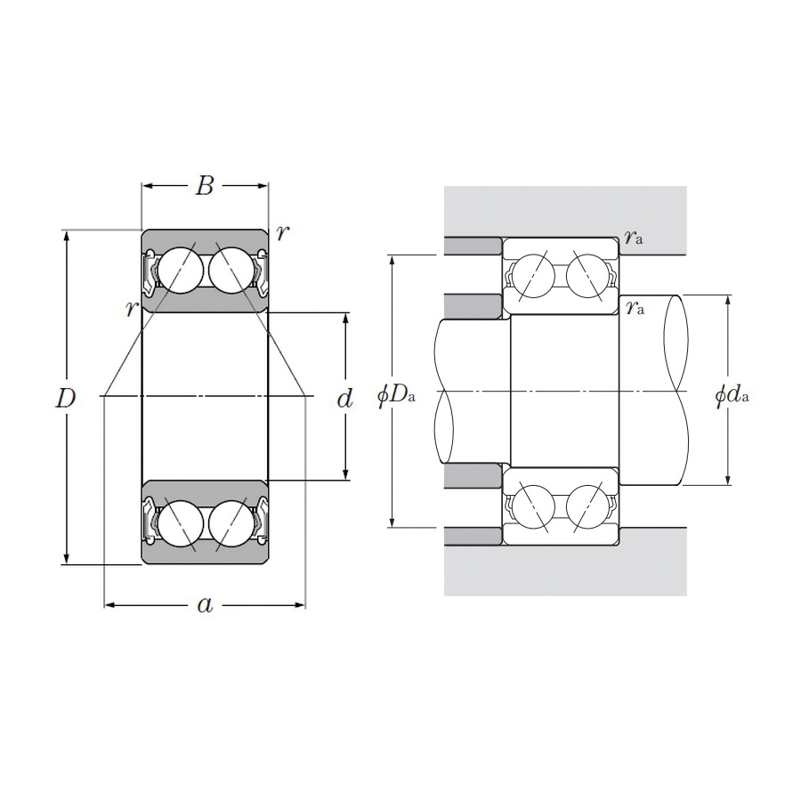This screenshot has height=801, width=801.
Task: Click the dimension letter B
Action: (x=205, y=186)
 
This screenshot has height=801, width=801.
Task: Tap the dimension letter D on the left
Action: (x=65, y=398)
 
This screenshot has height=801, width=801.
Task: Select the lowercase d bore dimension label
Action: (x=345, y=398)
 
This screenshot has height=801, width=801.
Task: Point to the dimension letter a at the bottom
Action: (x=205, y=605)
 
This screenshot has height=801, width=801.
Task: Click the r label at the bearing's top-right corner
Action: (x=282, y=233)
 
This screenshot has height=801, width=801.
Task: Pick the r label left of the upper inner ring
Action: (x=132, y=308)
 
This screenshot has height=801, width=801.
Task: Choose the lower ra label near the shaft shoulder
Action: (x=635, y=308)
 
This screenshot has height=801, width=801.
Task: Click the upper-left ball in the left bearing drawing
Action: (x=180, y=267)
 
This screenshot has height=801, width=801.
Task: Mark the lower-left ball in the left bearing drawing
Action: (x=180, y=522)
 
